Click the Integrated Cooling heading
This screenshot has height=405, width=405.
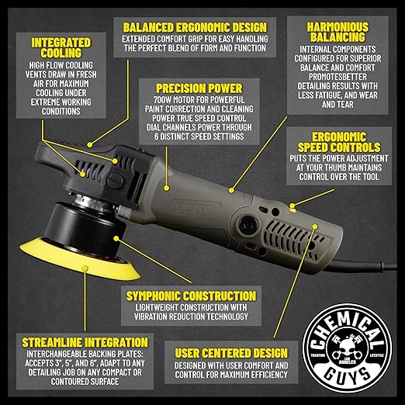pyautogui.click(x=61, y=48)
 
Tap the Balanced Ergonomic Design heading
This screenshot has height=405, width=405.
pyautogui.click(x=195, y=27)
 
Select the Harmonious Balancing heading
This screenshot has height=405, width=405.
pyautogui.click(x=337, y=32)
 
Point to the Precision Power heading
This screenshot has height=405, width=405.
pyautogui.click(x=199, y=88)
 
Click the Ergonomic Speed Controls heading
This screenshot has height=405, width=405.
pyautogui.click(x=339, y=142)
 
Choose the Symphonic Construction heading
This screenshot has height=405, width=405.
pyautogui.click(x=191, y=296)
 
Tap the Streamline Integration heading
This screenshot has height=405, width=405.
pyautogui.click(x=85, y=343)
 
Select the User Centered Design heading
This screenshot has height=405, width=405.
pyautogui.click(x=231, y=353)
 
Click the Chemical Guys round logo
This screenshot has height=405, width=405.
pyautogui.click(x=348, y=348)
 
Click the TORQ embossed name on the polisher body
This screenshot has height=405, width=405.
pyautogui.click(x=196, y=207)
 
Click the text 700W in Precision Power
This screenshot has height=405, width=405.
pyautogui.click(x=162, y=100)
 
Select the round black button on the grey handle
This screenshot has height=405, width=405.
pyautogui.click(x=247, y=224)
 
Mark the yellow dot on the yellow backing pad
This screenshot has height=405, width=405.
pyautogui.click(x=85, y=268)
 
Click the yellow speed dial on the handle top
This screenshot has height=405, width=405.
pyautogui.click(x=292, y=208)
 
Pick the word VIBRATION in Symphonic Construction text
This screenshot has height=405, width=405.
pyautogui.click(x=153, y=317)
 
